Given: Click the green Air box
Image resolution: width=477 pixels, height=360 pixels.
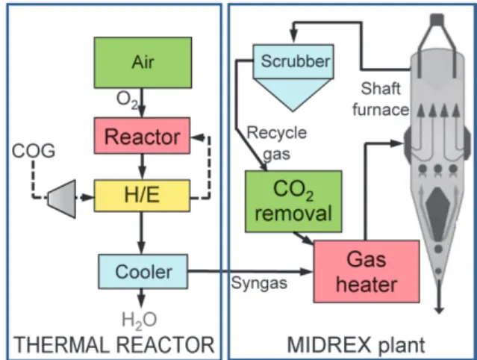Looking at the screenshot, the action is coord(143,63).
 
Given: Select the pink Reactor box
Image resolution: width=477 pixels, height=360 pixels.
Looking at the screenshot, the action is coord(142,136).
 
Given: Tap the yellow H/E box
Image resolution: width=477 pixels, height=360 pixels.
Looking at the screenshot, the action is coord(142,196).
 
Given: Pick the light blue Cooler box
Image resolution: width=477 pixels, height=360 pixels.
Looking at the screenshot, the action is coord(143,271).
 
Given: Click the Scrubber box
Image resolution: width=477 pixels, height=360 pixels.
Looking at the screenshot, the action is coord(293,61).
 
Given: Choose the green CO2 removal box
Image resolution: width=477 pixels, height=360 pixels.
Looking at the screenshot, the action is coord(293,202).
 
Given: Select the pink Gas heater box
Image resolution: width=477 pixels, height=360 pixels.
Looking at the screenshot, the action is coord(367,271).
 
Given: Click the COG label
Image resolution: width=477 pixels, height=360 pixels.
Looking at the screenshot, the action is coord(34,151).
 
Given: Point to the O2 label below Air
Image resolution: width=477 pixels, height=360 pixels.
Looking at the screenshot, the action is coord(127,100).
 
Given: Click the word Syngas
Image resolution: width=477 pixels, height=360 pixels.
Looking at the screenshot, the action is coord(259,284).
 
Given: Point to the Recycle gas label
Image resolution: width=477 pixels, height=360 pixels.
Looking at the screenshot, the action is coord(277,143).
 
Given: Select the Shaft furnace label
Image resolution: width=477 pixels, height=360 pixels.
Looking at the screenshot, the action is coord(381,99).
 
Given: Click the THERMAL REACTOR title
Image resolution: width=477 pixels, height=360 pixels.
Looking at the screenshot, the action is coord(113,345).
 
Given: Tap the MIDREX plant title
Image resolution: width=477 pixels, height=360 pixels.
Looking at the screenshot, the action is coord(356,345).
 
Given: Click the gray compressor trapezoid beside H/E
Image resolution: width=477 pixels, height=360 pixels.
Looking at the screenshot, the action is coord(63,199).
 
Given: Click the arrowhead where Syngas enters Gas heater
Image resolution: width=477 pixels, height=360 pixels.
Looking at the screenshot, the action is coord(307,271).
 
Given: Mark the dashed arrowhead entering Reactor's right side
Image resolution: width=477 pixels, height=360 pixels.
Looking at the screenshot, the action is coord(197,137).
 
